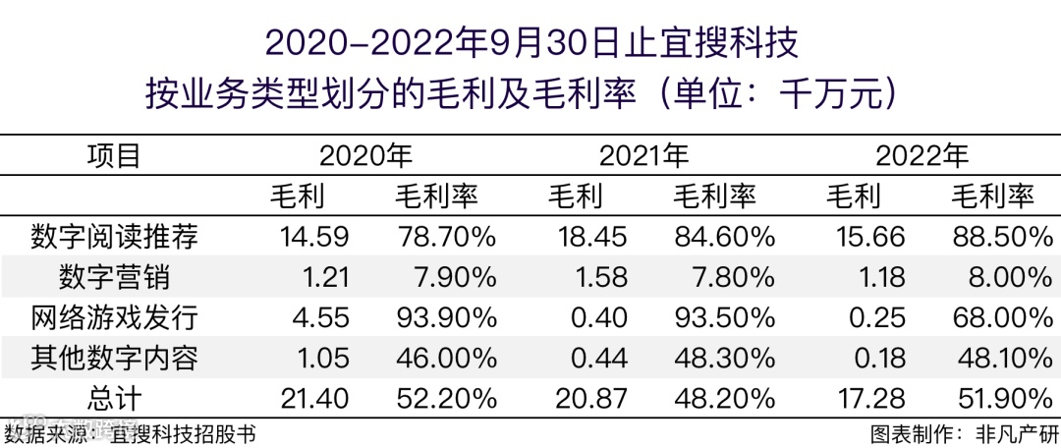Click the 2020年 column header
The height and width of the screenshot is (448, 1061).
coord(365,156)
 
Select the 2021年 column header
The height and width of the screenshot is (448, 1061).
coord(643,156)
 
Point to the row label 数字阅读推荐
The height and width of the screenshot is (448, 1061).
coord(114,237)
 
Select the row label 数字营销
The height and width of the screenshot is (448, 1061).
coord(114,277)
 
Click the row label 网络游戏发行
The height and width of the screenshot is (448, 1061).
coord(114,317)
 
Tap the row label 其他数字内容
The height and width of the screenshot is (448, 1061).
coord(114,358)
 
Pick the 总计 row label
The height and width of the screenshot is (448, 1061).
coord(114,398)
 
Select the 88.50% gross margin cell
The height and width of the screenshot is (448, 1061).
coord(992,237)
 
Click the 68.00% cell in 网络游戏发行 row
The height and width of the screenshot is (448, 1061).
coord(992,317)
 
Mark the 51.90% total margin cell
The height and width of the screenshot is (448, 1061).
coord(992,398)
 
